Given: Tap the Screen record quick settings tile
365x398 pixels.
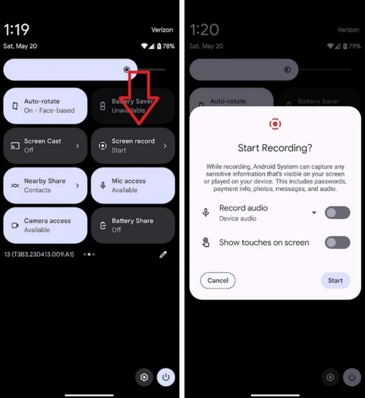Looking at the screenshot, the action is click(x=133, y=146).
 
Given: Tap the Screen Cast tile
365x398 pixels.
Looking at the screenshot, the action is click(x=45, y=146).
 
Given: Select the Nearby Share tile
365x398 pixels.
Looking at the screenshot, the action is click(x=45, y=185).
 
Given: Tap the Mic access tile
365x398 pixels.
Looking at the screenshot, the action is click(x=133, y=185).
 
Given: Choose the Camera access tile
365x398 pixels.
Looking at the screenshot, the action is click(x=45, y=225).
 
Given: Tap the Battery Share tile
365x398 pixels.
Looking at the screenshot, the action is click(x=133, y=225).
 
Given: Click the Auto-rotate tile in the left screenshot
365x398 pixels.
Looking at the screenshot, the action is click(x=45, y=106).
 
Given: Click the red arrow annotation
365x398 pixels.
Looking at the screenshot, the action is click(x=139, y=98).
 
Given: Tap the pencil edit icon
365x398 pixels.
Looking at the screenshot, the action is click(x=163, y=254).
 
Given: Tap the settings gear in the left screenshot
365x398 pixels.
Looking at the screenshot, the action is click(x=144, y=377).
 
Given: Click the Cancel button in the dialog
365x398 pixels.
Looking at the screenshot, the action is click(x=218, y=281).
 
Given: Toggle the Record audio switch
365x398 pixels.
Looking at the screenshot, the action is click(x=338, y=213).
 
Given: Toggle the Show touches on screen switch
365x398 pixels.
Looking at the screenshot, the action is click(x=338, y=242).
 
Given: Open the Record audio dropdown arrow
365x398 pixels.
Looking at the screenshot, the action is click(x=314, y=213).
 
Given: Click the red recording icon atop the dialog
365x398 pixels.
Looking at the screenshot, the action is click(x=275, y=124).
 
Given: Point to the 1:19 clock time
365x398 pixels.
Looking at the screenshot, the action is click(x=16, y=30).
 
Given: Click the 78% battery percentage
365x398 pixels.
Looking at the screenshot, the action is click(x=169, y=46).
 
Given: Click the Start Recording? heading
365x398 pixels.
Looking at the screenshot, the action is click(x=275, y=148).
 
